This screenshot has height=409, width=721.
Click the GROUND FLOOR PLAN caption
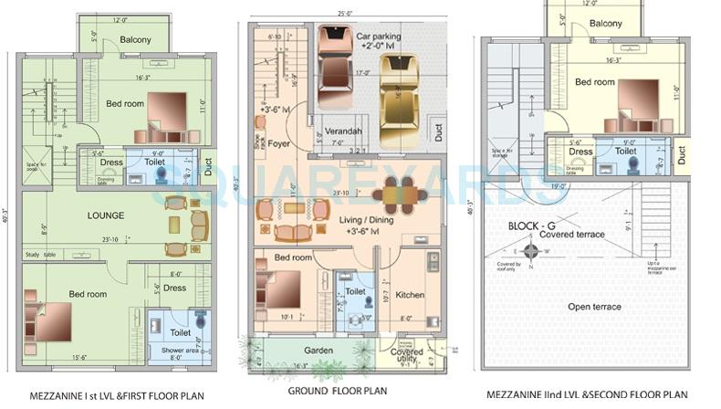pos(338,391)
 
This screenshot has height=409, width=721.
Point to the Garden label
pos(319,350)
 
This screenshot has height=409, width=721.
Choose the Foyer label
pos(279,142)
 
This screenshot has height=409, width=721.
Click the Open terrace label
pos(593,307)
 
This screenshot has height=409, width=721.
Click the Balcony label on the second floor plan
pos(605,24)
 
